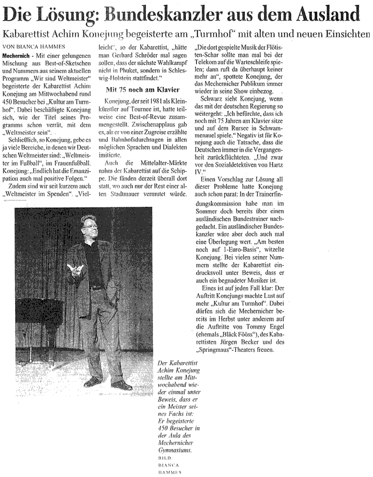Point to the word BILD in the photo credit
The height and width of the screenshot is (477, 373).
click(x=146, y=458)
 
